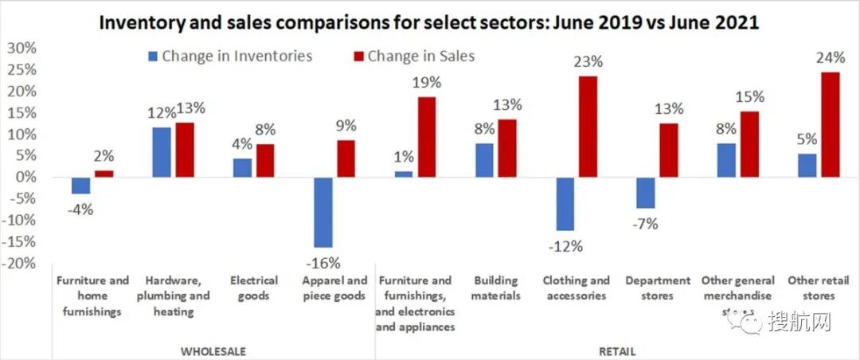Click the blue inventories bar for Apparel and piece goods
click(x=323, y=212)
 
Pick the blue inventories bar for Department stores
click(x=646, y=192)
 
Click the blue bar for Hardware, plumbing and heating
click(x=162, y=151)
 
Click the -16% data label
click(x=322, y=263)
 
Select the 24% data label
click(x=830, y=58)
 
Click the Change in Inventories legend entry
click(x=229, y=56)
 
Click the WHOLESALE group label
click(x=213, y=350)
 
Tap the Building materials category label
click(x=496, y=288)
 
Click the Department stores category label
click(x=658, y=288)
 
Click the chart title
click(x=430, y=22)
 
